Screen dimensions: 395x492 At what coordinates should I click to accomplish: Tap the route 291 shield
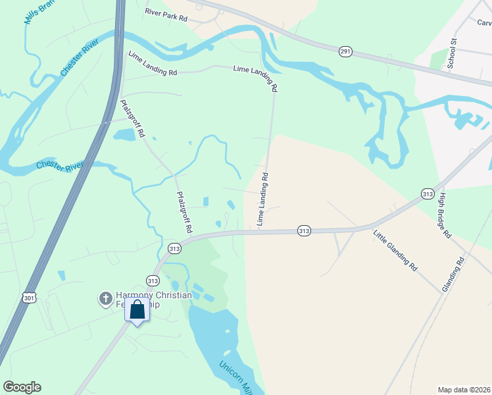(x=345, y=51)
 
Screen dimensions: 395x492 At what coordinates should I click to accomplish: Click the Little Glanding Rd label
(x=395, y=250)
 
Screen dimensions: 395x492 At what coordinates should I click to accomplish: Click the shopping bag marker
(x=137, y=309)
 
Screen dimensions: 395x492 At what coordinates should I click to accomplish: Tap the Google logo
(x=22, y=387)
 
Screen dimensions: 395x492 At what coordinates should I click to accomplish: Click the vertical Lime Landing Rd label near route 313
(x=263, y=200)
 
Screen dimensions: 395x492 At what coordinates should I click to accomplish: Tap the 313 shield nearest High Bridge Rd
(x=428, y=194)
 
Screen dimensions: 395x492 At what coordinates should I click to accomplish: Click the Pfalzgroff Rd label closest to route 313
(x=184, y=212)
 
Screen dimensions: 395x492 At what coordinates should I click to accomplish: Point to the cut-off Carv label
(x=484, y=22)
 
